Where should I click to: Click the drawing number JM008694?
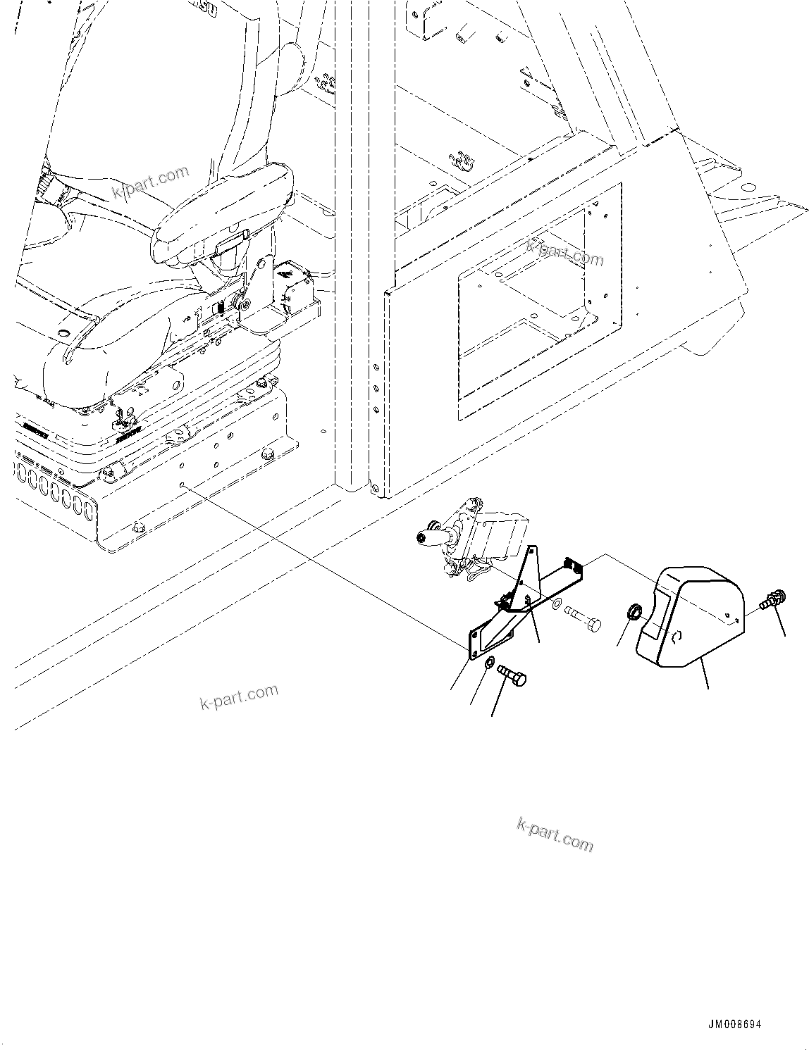pos(736,1025)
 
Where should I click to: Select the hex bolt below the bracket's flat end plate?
pos(512,677)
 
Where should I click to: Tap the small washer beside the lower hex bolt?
pos(489,663)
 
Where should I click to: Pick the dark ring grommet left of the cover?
pos(634,613)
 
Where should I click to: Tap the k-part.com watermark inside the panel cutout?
pos(565,252)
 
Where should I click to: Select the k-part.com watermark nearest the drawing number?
pos(555,835)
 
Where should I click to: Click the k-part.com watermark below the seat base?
pos(240,696)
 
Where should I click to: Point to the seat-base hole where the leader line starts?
pos(183,485)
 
